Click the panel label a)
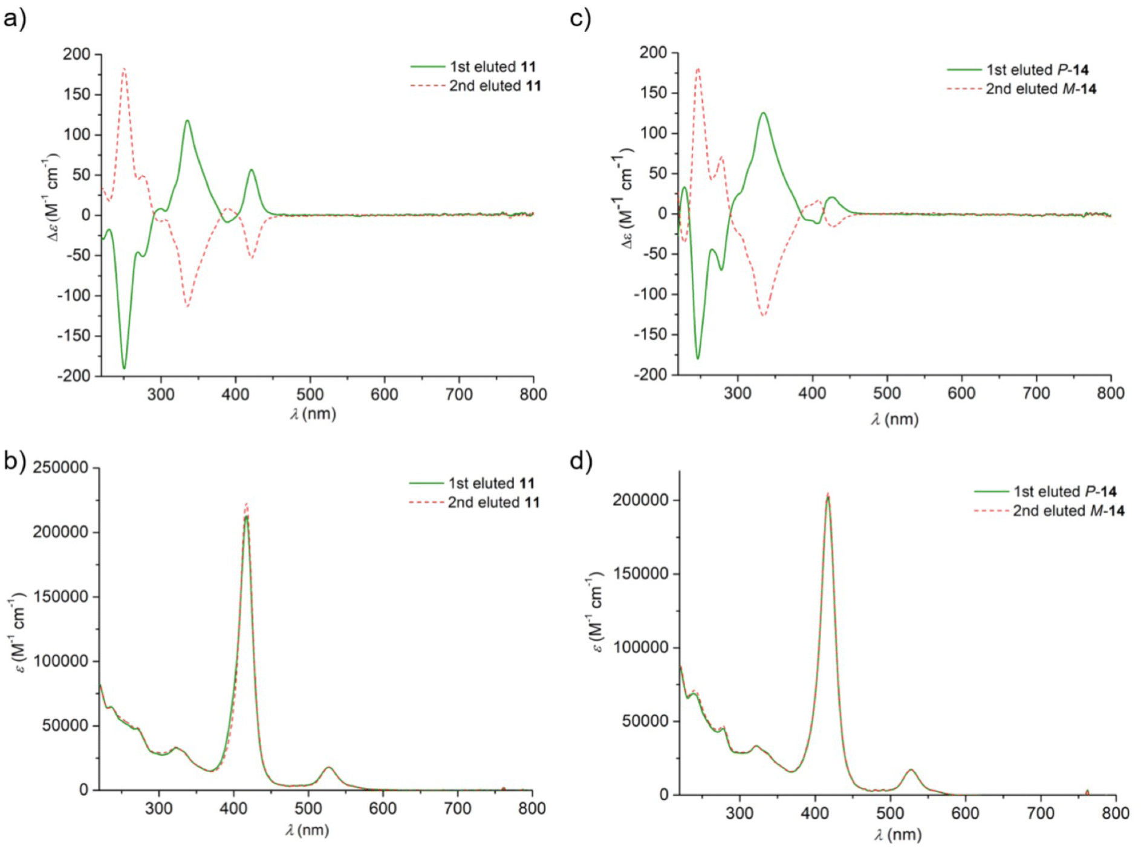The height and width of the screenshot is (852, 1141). click(x=15, y=19)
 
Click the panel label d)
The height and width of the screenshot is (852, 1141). click(x=580, y=461)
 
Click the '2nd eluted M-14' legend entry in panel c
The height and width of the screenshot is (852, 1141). click(x=1041, y=89)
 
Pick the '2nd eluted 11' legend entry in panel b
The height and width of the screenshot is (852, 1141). click(x=493, y=502)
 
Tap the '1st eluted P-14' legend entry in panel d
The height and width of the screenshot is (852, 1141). click(x=1064, y=492)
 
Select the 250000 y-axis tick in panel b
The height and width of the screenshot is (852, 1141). click(x=60, y=467)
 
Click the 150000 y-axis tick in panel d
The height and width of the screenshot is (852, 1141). click(x=641, y=574)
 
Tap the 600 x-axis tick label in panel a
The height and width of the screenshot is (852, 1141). click(x=384, y=395)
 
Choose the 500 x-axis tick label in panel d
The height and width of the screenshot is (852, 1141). click(x=889, y=813)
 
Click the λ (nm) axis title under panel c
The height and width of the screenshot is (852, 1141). click(x=894, y=419)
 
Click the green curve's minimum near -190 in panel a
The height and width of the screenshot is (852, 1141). click(x=124, y=368)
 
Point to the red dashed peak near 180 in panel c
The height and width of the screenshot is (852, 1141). click(x=698, y=68)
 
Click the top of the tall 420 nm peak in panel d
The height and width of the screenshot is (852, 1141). click(x=828, y=496)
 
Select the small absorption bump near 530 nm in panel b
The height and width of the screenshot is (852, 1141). click(x=328, y=768)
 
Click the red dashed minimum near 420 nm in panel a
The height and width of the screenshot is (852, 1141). click(x=251, y=258)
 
